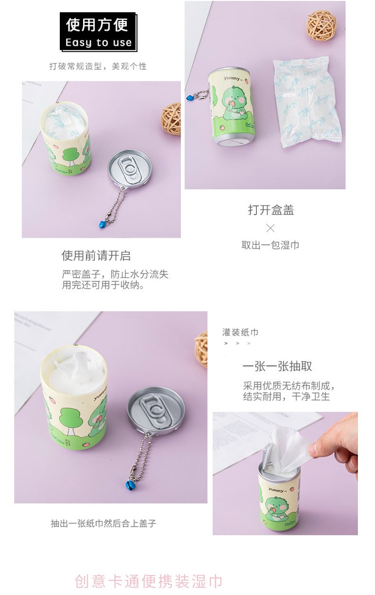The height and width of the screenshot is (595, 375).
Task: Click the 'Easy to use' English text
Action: (98, 43)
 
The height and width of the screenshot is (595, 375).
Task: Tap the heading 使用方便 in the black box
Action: (97, 25)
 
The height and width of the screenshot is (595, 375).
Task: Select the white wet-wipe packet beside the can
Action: (307, 102)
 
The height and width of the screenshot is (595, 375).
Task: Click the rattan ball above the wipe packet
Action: (321, 25)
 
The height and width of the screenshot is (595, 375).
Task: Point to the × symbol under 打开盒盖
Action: (270, 228)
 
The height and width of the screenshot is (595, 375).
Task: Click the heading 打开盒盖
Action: (271, 210)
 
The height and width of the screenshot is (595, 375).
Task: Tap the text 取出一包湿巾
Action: (270, 245)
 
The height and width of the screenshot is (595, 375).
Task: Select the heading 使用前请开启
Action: (96, 256)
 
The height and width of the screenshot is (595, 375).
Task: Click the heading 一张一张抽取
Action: (277, 366)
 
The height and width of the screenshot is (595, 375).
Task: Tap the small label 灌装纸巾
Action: (240, 332)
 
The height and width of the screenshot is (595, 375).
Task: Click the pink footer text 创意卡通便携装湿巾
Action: (149, 581)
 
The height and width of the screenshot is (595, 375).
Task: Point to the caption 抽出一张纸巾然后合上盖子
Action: (103, 523)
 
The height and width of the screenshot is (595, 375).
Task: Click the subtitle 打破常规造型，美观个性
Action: (98, 66)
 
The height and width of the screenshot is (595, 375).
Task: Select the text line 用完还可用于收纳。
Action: (103, 285)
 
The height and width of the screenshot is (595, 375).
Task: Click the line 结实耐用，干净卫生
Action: (286, 397)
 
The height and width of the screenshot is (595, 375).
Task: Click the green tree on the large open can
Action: (70, 423)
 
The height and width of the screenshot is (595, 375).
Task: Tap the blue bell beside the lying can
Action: (190, 98)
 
